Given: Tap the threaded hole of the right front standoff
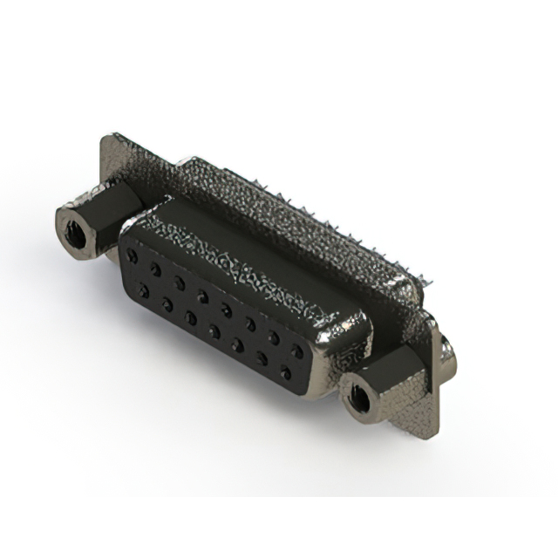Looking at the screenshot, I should [357, 400].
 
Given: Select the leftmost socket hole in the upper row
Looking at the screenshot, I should [132, 256].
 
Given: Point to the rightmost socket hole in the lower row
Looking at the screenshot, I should [285, 373].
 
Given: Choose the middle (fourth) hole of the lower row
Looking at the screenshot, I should [214, 331].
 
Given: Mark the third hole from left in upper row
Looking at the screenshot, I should [179, 282].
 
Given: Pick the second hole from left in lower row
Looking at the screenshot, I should [167, 303].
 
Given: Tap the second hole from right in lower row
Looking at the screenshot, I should [262, 359].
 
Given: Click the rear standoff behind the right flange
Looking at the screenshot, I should [447, 349].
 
